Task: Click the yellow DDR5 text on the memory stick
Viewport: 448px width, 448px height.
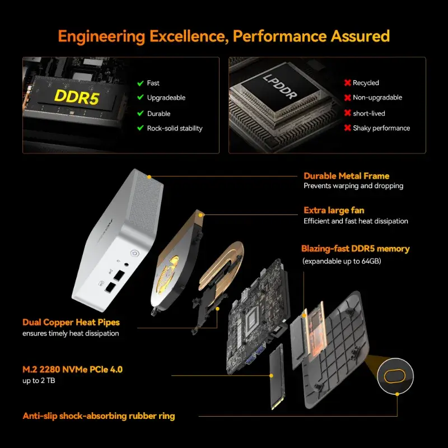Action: coord(77,97)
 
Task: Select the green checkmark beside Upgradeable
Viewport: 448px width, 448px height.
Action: coord(141,98)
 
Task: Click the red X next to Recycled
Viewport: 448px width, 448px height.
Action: coord(347,83)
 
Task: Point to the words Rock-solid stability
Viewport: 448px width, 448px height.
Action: coord(175,128)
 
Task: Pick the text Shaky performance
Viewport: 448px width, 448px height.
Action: coord(381,128)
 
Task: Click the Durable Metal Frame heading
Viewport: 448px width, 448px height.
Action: coord(346,176)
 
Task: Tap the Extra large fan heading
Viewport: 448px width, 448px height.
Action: coord(334,211)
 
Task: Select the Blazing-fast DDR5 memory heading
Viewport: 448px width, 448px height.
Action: coord(356,249)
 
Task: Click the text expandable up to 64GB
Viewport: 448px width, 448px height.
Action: coord(342,261)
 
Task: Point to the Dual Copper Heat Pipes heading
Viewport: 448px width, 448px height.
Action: coord(71,323)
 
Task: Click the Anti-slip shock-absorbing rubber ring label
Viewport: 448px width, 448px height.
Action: coord(99,416)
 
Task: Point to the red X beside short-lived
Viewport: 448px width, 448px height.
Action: coord(347,113)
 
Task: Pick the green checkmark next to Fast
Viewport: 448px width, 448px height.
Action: coord(141,83)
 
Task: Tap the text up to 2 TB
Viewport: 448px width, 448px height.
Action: coord(39,381)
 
